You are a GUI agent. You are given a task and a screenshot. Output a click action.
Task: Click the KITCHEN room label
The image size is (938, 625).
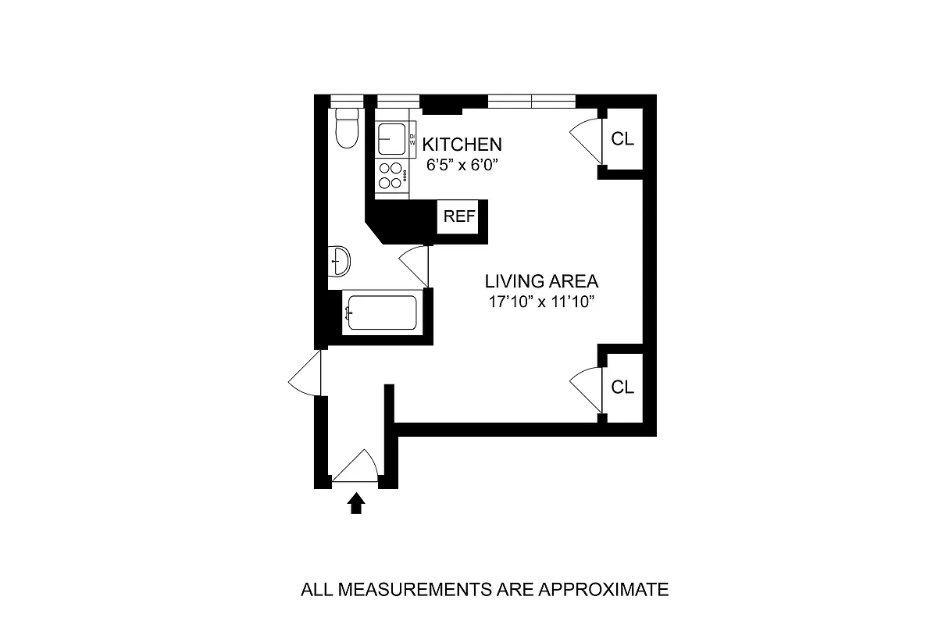(x=462, y=145)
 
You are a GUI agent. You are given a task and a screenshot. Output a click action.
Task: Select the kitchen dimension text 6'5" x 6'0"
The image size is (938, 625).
(x=462, y=165)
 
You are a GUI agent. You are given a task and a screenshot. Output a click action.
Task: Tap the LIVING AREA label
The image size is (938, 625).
(x=541, y=281)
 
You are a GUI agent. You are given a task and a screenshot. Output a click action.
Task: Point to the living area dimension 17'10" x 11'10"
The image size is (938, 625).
(x=541, y=302)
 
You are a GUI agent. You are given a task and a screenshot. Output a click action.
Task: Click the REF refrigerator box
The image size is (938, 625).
(x=458, y=216)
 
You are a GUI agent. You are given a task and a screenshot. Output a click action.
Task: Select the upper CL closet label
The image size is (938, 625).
(x=622, y=140)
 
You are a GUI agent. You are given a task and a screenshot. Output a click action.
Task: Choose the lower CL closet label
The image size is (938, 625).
(x=622, y=387)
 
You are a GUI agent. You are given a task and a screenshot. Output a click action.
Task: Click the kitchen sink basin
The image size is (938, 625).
(x=391, y=140)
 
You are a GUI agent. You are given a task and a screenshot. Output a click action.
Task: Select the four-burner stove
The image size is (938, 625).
(x=392, y=176)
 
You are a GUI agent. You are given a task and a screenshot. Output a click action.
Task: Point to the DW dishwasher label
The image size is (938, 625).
(x=412, y=140)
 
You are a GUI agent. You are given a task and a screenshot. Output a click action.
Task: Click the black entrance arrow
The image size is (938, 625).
(x=356, y=503)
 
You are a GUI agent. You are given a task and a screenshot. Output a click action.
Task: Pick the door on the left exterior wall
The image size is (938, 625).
(x=307, y=373)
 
